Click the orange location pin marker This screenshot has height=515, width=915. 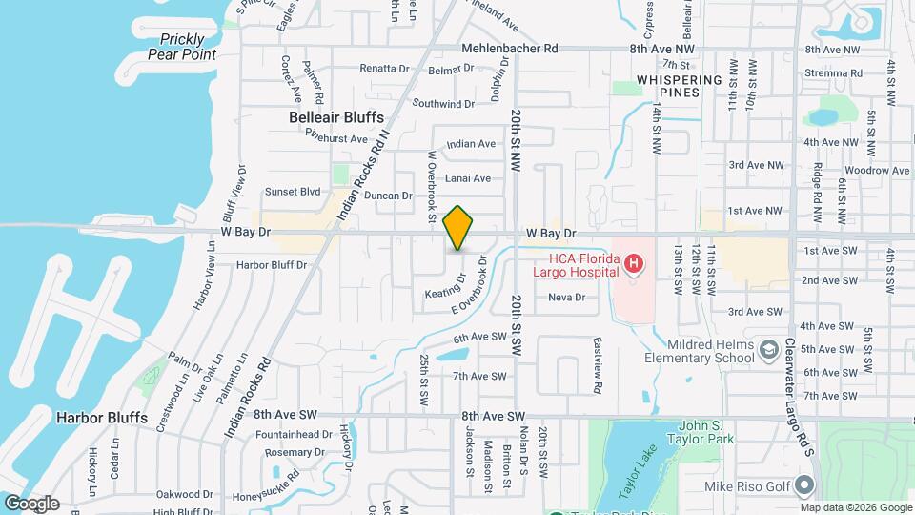[458, 227]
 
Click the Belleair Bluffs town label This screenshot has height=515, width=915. [330, 117]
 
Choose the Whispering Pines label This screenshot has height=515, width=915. [668, 86]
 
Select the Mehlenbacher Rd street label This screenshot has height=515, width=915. [509, 48]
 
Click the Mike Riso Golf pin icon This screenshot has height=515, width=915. [806, 487]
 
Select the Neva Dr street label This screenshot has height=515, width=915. [565, 298]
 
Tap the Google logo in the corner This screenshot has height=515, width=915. [31, 504]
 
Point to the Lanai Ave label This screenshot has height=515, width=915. [468, 178]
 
